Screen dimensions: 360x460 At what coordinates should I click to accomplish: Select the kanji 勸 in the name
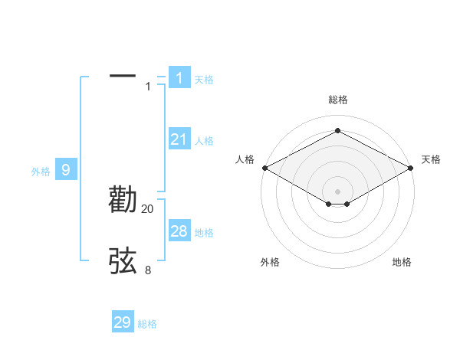[123, 199]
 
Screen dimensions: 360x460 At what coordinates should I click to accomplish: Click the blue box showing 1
[179, 77]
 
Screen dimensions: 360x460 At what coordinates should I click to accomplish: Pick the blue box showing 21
[179, 139]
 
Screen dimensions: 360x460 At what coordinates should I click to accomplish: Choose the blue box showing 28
[179, 231]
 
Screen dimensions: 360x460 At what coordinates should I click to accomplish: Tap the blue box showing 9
[66, 170]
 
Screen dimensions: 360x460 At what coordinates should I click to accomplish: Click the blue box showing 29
[123, 322]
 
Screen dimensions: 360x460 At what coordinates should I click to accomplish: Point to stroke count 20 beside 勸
[148, 209]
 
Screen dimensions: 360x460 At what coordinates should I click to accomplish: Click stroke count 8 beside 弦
[148, 270]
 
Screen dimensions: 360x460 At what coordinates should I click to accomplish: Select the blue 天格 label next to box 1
[204, 80]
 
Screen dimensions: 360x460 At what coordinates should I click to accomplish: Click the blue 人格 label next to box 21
[204, 141]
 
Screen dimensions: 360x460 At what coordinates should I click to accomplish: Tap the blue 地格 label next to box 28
[204, 233]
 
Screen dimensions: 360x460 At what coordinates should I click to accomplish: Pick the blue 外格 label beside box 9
[41, 172]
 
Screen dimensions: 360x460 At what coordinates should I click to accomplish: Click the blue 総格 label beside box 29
[147, 325]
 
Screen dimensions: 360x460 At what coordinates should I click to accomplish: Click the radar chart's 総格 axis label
[337, 100]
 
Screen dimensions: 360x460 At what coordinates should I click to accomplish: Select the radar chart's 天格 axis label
[432, 159]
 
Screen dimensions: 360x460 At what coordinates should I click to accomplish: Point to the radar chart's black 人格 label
[245, 159]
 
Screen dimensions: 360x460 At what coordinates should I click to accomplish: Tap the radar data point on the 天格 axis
[411, 167]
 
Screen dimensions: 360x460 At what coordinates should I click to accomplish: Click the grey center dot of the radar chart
[337, 191]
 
